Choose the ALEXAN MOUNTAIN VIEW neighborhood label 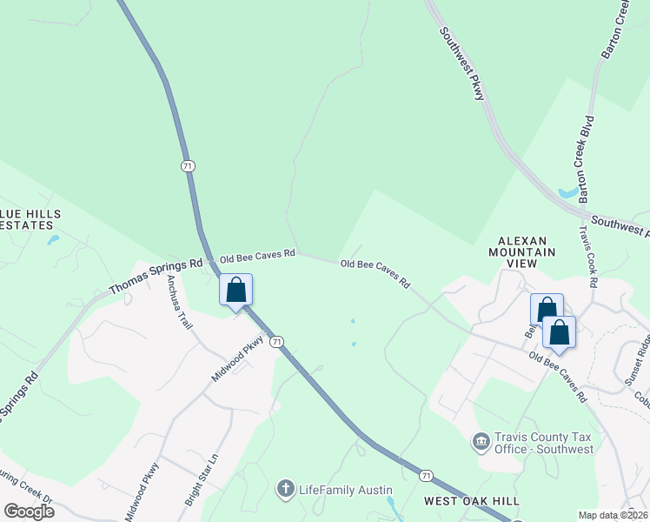(526, 251)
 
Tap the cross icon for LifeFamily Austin (284, 490)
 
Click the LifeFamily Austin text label (346, 491)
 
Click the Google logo (29, 511)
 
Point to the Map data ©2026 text (613, 515)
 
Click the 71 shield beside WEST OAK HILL (425, 475)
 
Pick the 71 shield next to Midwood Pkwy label (276, 342)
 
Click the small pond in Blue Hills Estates (54, 238)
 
